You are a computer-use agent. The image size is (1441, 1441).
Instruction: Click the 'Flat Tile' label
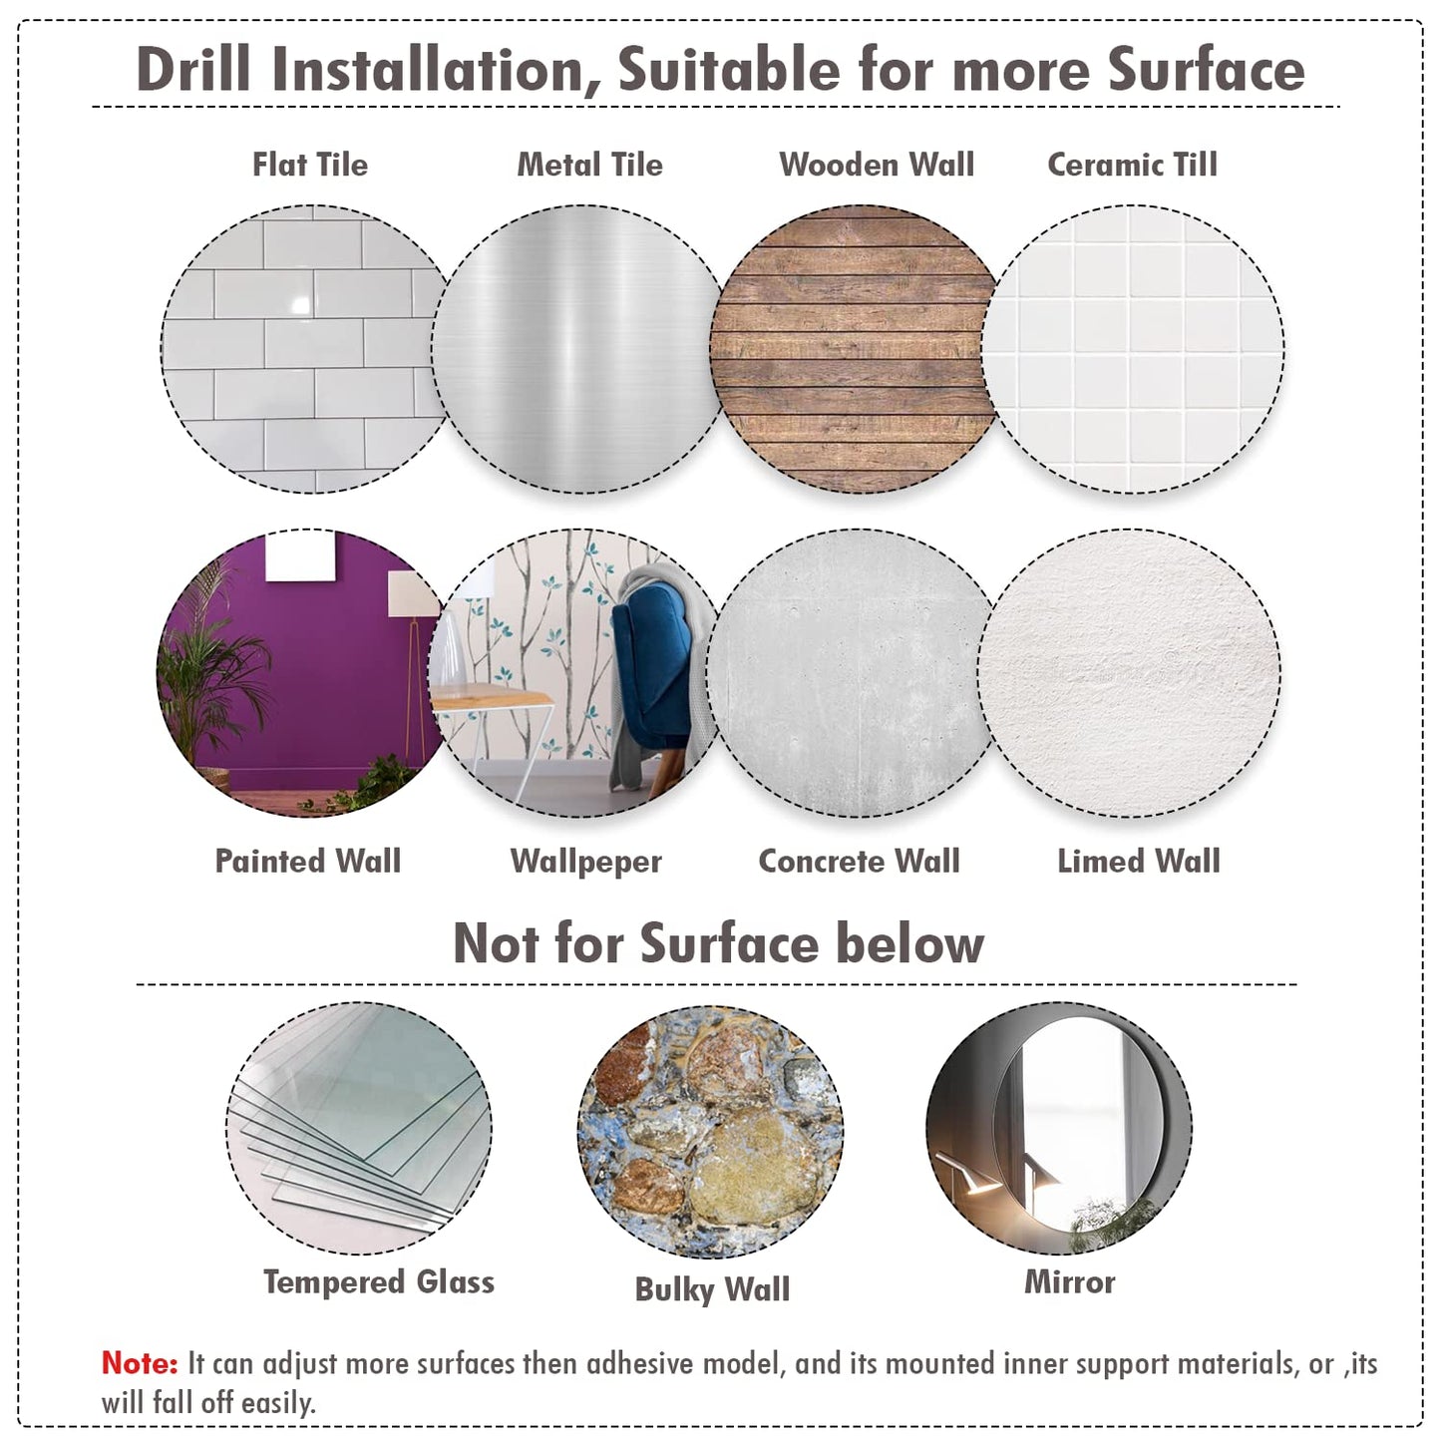point(309,165)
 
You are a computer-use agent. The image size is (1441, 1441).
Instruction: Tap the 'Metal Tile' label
point(590,165)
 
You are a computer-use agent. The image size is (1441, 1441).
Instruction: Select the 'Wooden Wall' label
point(877,165)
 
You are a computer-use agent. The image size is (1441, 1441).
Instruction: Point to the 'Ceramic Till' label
point(1132,165)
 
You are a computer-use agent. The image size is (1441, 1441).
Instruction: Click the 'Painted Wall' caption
point(308,861)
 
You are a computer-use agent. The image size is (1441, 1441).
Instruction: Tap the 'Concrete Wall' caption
point(860,861)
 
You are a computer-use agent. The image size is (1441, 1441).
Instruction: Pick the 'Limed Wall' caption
point(1138,861)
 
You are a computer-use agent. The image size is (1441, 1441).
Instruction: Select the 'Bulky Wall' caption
point(712,1290)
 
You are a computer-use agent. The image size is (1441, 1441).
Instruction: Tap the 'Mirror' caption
point(1069,1282)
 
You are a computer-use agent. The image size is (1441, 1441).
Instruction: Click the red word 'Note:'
point(140,1363)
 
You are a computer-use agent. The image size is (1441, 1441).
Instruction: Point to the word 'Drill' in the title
point(192,69)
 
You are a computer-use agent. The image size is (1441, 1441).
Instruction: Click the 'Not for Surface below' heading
point(719,943)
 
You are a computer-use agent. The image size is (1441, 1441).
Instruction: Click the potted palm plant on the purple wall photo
point(209,673)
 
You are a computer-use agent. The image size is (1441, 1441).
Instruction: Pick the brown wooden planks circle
point(853,349)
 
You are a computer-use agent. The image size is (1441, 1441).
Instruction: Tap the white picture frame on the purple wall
point(300,554)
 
